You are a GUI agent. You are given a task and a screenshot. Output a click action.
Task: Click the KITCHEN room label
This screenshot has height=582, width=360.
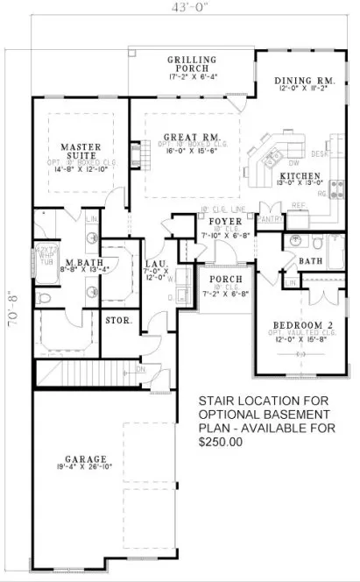[x=300, y=176]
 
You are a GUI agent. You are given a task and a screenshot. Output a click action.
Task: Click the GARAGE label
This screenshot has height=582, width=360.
[x=85, y=458]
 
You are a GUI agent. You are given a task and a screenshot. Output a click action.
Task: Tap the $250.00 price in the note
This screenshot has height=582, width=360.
[x=221, y=443]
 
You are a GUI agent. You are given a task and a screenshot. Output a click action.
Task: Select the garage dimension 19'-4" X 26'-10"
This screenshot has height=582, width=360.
[x=85, y=468]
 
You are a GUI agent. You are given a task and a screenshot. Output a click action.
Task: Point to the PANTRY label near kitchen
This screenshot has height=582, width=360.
[x=272, y=218]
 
